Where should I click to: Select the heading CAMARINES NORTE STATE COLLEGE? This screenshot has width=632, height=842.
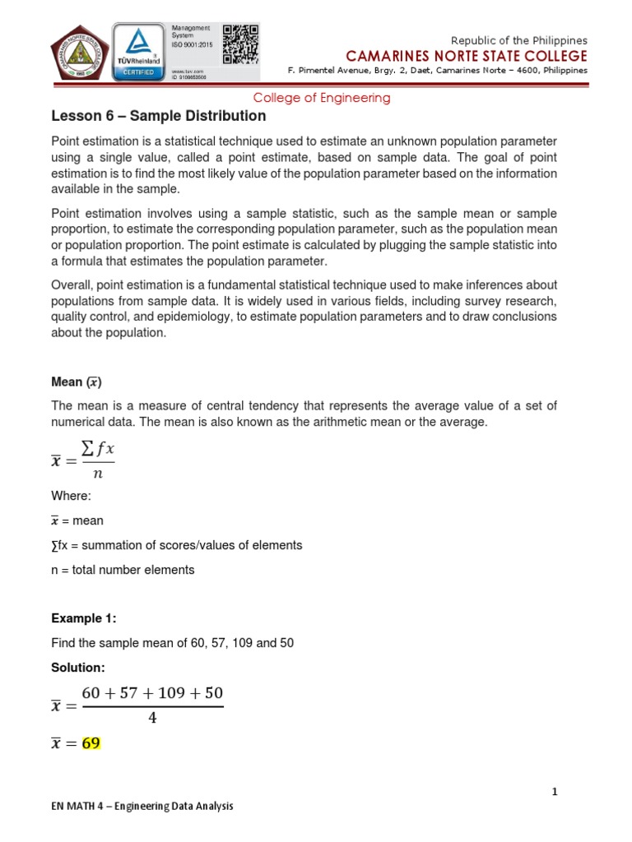[467, 56]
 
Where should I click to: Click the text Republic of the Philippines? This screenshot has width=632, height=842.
[520, 40]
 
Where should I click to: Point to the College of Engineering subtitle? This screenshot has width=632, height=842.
[321, 98]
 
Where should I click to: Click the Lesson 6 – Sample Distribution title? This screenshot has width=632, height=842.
[159, 117]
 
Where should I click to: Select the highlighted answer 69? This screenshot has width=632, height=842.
[91, 743]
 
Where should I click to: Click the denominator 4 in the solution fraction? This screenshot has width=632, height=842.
[152, 718]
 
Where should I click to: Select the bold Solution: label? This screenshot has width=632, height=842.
[78, 667]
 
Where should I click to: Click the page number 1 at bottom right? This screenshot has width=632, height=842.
[555, 792]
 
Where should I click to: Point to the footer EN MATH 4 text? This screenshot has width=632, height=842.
[142, 807]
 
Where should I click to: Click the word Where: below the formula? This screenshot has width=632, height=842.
[72, 496]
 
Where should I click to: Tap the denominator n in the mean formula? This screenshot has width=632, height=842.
[98, 473]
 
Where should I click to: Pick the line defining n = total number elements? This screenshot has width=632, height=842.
[123, 570]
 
